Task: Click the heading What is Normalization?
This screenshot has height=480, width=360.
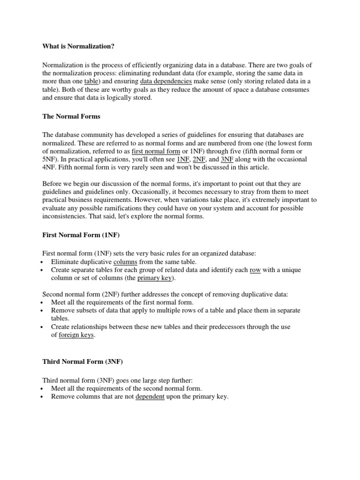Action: pos(78,46)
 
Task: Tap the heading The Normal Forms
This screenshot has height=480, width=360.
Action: pos(71,116)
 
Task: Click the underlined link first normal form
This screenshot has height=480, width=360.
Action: pos(153,151)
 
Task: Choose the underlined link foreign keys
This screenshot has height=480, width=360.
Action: pos(76,335)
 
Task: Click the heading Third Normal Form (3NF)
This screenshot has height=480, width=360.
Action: pos(82,362)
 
